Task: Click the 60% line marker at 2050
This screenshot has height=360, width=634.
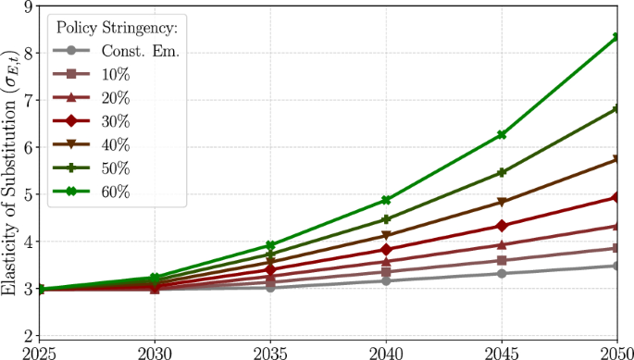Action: point(616,37)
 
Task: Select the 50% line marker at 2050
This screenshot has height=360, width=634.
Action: point(616,109)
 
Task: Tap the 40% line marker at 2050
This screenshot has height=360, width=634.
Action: point(616,160)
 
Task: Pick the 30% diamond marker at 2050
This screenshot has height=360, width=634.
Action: point(616,197)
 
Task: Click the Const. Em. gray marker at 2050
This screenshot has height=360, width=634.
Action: point(616,267)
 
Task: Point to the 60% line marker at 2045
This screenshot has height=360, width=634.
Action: point(502,135)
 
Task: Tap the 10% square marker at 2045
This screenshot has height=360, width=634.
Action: point(502,261)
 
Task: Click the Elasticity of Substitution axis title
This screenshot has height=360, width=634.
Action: point(9,172)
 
